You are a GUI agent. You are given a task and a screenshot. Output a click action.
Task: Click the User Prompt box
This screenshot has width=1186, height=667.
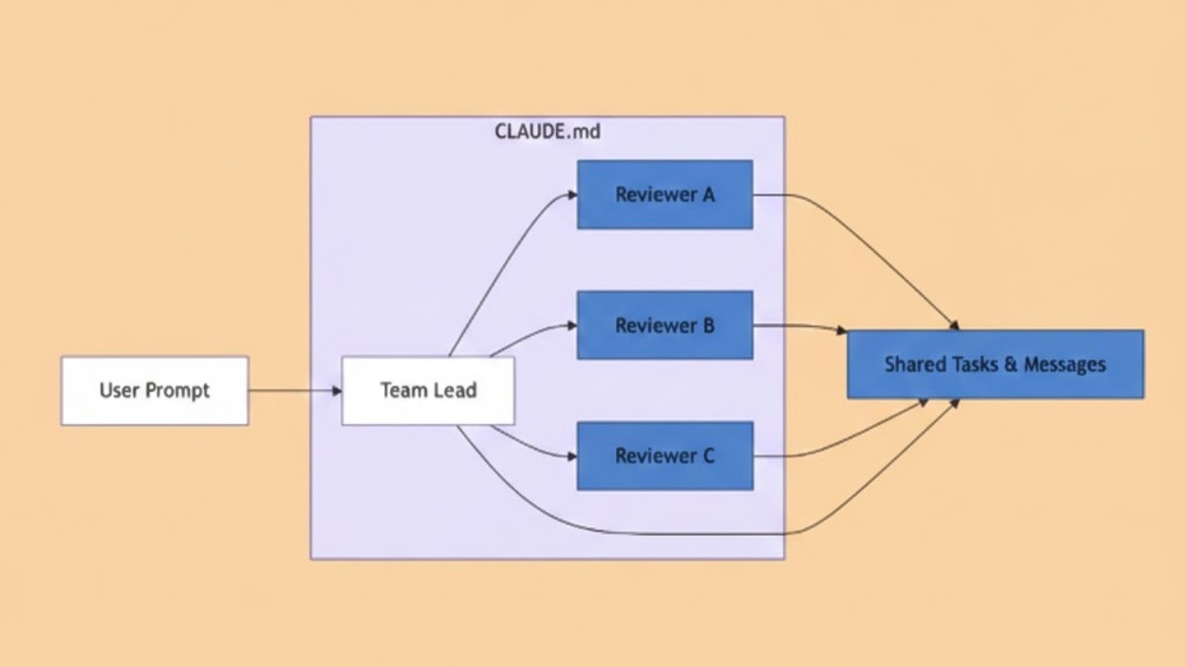155,391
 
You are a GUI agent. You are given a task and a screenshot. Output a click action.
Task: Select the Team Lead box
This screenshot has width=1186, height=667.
428,391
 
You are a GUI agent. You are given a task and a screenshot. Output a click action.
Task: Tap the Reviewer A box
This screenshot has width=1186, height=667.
664,195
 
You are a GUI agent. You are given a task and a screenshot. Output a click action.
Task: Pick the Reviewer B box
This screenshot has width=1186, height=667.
664,325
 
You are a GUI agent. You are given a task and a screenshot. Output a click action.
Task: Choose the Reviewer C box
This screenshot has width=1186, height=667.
664,456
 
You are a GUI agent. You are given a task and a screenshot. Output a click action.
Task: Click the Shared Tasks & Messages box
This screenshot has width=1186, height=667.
995,364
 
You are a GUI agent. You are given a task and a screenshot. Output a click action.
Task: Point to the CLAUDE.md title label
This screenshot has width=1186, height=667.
548,132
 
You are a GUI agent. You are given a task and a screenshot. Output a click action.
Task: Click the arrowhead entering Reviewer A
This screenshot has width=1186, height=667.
572,195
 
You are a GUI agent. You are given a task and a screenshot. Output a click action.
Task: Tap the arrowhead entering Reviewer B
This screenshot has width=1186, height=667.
572,325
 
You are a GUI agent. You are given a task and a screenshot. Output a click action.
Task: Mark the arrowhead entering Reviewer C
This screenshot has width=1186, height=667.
572,456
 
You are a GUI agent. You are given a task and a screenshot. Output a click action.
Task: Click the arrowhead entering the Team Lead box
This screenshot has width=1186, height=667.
336,391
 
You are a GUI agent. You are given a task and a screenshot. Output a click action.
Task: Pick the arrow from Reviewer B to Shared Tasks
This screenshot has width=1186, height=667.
797,326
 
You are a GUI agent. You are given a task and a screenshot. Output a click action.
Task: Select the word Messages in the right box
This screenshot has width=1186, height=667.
1064,364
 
